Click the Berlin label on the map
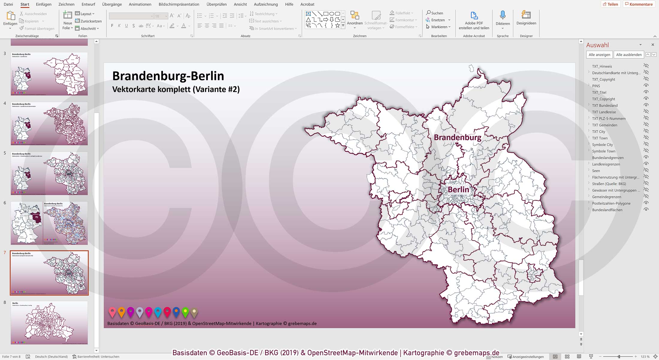[458, 189]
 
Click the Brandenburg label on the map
[457, 137]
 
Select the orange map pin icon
[121, 312]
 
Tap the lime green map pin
[185, 312]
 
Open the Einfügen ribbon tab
[43, 4]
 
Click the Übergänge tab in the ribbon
[112, 4]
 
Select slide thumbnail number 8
[49, 323]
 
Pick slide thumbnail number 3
[49, 74]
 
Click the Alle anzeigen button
[599, 55]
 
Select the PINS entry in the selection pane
[596, 86]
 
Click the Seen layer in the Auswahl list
[596, 171]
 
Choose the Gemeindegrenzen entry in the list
[607, 197]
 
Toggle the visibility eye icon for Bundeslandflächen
[646, 210]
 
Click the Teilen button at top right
[610, 4]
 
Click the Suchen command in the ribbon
[435, 13]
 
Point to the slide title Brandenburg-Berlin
[168, 76]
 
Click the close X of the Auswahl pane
[653, 45]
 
